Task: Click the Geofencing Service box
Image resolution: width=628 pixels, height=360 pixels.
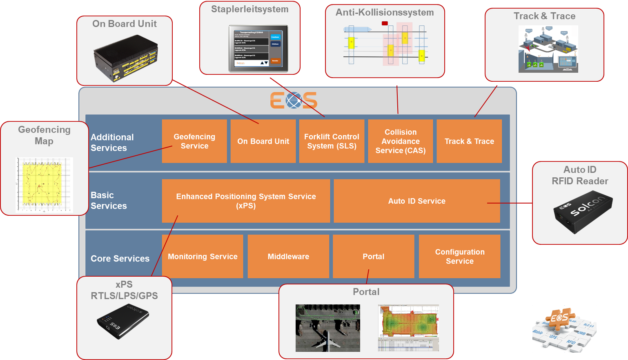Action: pyautogui.click(x=194, y=141)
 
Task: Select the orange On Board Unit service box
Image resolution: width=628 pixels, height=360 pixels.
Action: pyautogui.click(x=263, y=141)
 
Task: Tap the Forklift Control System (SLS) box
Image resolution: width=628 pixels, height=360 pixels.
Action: pyautogui.click(x=332, y=141)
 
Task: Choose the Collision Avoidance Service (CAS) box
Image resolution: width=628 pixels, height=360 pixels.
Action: pyautogui.click(x=400, y=141)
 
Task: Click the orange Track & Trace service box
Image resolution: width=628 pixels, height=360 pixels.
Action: pyautogui.click(x=469, y=141)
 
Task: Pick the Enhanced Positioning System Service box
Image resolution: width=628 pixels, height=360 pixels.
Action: pyautogui.click(x=246, y=201)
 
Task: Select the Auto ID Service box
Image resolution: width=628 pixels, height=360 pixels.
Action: pyautogui.click(x=416, y=201)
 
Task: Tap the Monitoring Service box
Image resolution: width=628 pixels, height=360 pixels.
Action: pyautogui.click(x=203, y=257)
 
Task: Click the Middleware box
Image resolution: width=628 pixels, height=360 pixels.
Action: pyautogui.click(x=288, y=257)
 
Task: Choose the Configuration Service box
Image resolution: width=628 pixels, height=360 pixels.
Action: pyautogui.click(x=459, y=257)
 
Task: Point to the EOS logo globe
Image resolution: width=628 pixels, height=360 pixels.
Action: pyautogui.click(x=294, y=101)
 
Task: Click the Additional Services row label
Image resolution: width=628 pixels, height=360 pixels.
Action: pyautogui.click(x=112, y=143)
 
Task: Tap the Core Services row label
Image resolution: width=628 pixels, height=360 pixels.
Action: pyautogui.click(x=120, y=259)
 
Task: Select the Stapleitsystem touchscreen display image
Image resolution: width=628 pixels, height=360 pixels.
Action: pyautogui.click(x=258, y=49)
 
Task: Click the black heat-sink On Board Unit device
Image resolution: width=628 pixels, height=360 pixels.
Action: pyautogui.click(x=125, y=58)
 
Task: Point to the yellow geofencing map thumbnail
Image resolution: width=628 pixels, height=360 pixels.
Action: pyautogui.click(x=44, y=184)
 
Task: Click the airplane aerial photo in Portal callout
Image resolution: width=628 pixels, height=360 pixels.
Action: pyautogui.click(x=328, y=328)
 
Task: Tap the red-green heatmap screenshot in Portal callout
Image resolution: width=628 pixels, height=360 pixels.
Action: pyautogui.click(x=408, y=328)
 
